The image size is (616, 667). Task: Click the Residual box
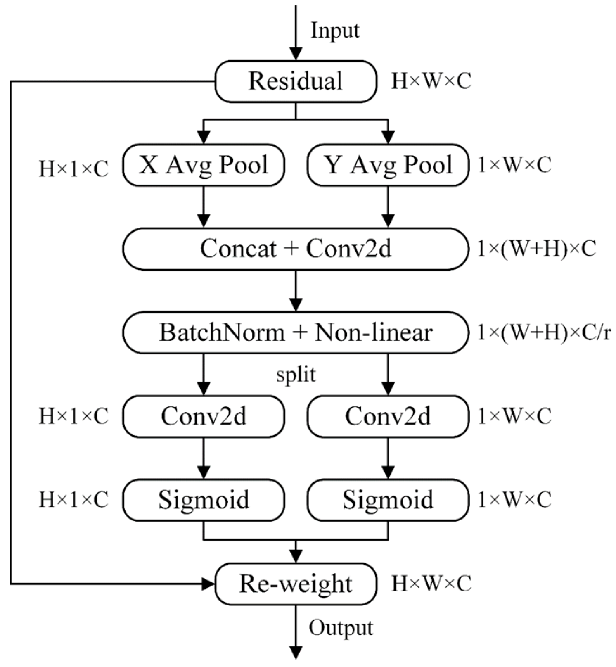click(296, 81)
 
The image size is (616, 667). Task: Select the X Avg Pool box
click(203, 165)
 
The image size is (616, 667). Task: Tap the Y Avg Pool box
click(388, 165)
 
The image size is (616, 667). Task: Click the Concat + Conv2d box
click(296, 249)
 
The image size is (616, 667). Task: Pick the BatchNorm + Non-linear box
click(296, 332)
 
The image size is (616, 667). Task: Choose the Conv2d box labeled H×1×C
click(203, 416)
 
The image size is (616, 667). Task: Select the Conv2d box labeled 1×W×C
click(388, 416)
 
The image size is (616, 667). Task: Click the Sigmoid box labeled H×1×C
click(203, 500)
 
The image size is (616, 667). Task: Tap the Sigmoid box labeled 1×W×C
click(388, 500)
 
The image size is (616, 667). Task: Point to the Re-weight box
click(296, 584)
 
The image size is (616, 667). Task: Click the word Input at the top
click(335, 31)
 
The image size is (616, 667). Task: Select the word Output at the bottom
click(341, 628)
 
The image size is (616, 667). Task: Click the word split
click(296, 375)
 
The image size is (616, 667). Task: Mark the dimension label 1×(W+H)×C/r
click(543, 332)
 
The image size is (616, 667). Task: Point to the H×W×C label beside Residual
click(431, 81)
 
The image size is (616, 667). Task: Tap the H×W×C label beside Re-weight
click(431, 584)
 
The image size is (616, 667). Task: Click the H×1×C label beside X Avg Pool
click(73, 169)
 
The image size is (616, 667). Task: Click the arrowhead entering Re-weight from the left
click(208, 584)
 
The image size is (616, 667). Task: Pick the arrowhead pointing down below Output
click(296, 653)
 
